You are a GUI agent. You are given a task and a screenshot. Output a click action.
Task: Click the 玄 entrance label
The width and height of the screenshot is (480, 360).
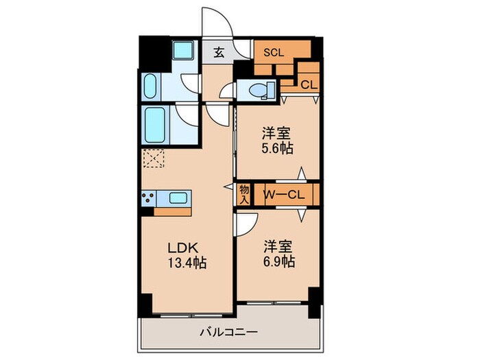(x=218, y=52)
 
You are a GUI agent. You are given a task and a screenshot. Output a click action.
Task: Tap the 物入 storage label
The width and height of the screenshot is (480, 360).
(x=244, y=194)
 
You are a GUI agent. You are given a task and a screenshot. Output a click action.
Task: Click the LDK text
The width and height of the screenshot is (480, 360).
(x=182, y=248)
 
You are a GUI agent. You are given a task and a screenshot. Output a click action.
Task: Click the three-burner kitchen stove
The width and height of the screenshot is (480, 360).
(x=149, y=197)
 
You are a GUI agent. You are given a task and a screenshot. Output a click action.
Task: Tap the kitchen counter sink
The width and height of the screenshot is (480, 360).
(x=180, y=198)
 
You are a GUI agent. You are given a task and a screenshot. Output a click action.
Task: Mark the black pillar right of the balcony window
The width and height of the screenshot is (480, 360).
(x=314, y=300)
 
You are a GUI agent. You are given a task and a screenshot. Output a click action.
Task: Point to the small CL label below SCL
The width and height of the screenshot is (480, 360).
(x=309, y=84)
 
